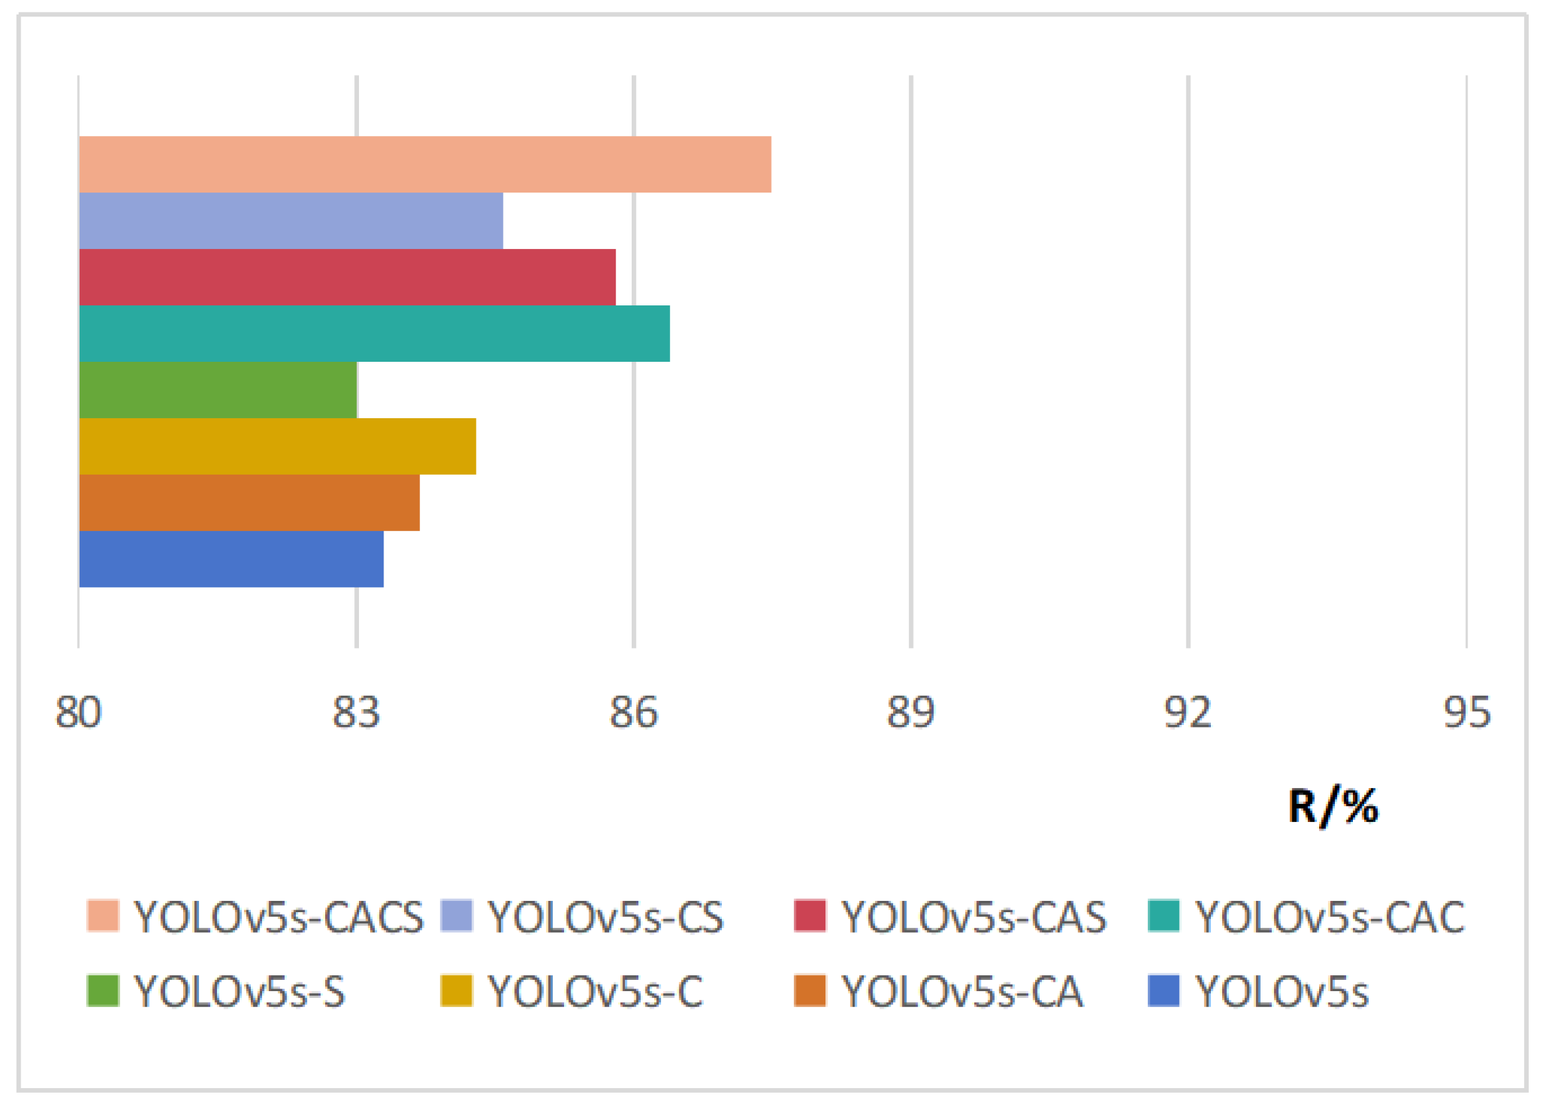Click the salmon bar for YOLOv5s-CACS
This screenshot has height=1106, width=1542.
click(425, 164)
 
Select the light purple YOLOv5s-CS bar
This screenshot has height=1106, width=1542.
click(291, 220)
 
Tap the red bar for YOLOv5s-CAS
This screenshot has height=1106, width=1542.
click(348, 277)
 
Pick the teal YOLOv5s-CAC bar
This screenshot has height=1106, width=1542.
click(375, 333)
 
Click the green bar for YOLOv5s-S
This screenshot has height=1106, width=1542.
click(218, 390)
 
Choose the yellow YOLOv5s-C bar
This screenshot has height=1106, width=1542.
click(277, 446)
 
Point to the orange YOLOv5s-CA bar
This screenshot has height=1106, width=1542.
click(249, 503)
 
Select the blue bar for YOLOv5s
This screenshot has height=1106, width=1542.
click(231, 559)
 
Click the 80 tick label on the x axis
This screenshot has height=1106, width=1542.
click(78, 713)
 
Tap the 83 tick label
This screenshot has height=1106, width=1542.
click(356, 713)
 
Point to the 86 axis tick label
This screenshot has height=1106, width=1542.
click(633, 713)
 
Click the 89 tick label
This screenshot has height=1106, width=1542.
click(910, 713)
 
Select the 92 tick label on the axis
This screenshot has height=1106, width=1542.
click(1188, 713)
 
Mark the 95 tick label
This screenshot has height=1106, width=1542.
click(1466, 713)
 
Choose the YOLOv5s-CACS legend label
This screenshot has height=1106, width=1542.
click(278, 917)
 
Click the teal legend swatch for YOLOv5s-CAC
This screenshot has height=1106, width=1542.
click(1163, 915)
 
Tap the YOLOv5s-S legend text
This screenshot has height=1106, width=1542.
click(240, 992)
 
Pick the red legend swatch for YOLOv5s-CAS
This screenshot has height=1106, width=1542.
click(809, 915)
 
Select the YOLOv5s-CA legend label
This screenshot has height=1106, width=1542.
click(962, 992)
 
